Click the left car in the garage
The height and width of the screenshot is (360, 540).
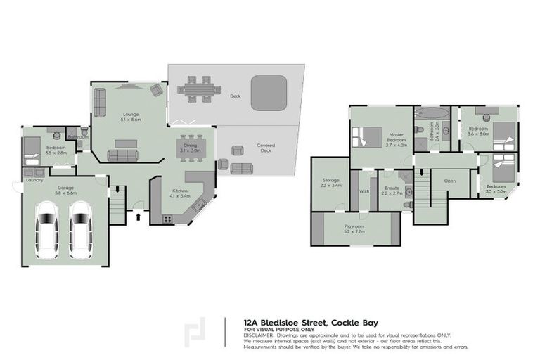[x=48, y=230]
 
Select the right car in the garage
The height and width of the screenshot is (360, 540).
[x=80, y=230]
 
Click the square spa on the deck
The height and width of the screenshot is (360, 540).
[x=268, y=93]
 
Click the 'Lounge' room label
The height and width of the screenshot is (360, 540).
[x=131, y=114]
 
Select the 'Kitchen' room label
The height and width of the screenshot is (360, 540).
[x=180, y=191]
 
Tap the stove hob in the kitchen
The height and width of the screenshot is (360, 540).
[x=168, y=219]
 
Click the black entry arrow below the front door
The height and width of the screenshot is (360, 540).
[x=138, y=217]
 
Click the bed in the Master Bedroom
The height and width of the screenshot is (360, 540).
[x=368, y=136]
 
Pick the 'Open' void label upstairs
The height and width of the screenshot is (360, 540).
[x=450, y=181]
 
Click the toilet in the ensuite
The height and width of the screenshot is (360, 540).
[x=405, y=176]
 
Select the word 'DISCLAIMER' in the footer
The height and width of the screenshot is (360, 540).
[x=259, y=335]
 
